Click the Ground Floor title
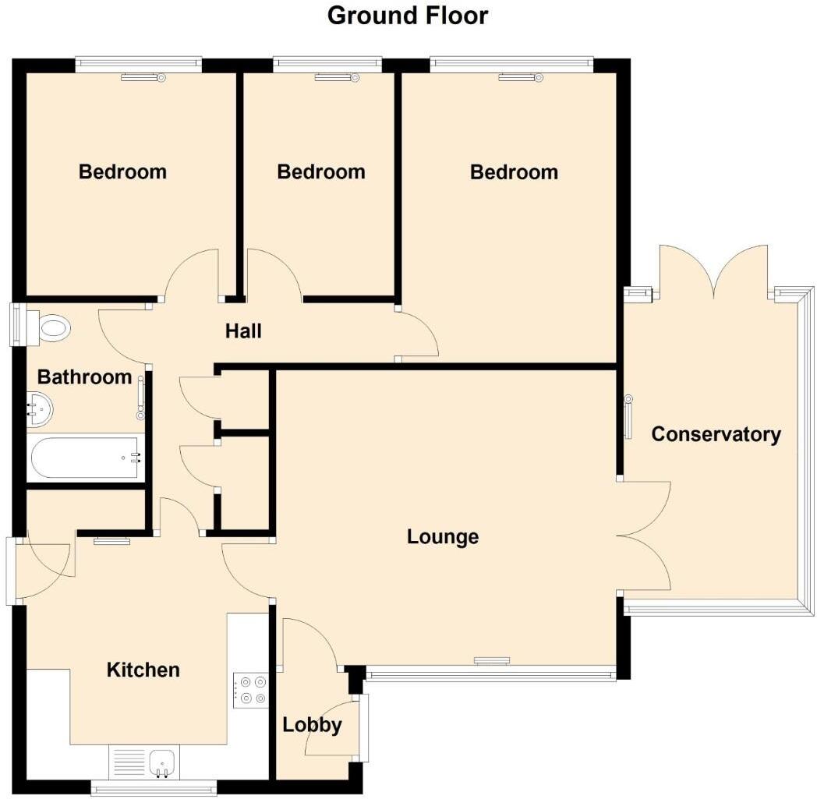[408, 16]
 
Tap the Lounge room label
[443, 536]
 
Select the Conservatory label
[716, 434]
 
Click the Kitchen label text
[143, 670]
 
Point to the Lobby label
[312, 725]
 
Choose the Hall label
[243, 331]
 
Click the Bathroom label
[84, 377]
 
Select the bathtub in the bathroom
[87, 459]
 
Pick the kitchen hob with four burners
[250, 688]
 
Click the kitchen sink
[162, 760]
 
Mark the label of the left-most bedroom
[122, 171]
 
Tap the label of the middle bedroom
[320, 171]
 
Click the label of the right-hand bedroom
[514, 172]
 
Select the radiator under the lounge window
[491, 661]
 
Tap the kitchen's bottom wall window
[154, 789]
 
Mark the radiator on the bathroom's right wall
[142, 394]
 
